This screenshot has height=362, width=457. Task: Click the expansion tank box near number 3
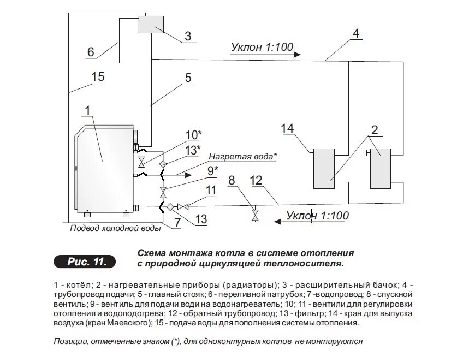pos(151,25)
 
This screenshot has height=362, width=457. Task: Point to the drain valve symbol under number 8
pos(254,215)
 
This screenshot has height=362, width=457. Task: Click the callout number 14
pos(287,129)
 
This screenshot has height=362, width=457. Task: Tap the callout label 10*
pos(194,134)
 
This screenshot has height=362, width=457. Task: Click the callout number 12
pos(256,180)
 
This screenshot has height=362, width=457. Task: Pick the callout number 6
pos(91,52)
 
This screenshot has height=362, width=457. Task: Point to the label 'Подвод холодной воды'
pos(115,228)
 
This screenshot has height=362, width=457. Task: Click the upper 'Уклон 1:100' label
pos(259,47)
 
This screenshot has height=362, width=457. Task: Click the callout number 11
pos(211,190)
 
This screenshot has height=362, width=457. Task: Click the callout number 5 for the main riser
pos(188,78)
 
